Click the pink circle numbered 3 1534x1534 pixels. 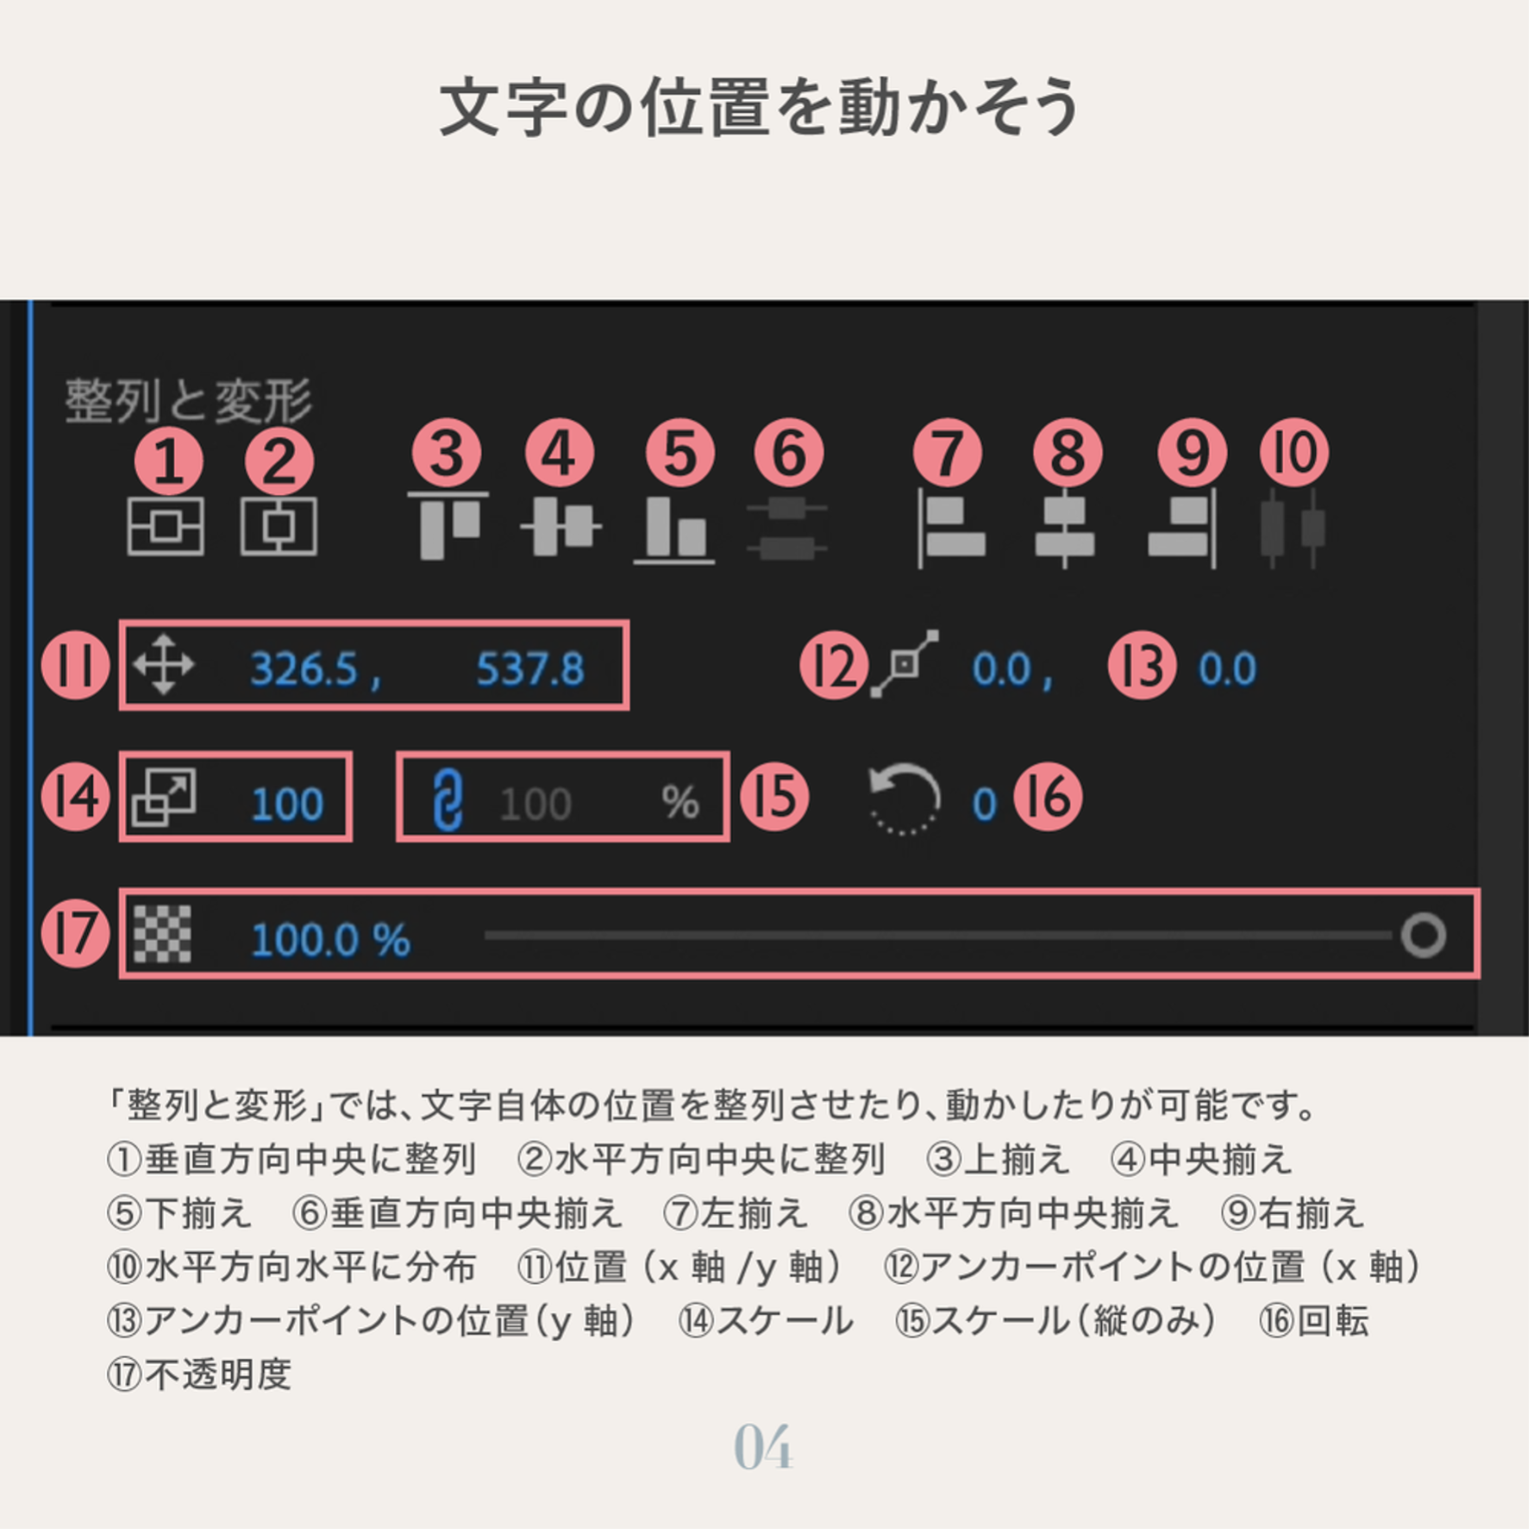(447, 454)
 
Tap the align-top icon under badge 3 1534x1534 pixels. (448, 525)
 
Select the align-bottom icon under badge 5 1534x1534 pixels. (675, 529)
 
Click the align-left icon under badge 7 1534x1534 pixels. (951, 529)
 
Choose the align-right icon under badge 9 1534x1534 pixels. (1183, 529)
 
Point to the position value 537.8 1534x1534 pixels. (531, 669)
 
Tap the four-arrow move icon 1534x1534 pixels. (164, 666)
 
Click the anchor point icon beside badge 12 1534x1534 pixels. (905, 664)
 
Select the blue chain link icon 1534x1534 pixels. (448, 801)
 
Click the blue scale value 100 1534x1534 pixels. (287, 805)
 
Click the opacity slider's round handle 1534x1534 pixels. (1424, 936)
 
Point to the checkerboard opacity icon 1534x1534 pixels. (162, 935)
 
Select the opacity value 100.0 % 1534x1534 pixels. (330, 940)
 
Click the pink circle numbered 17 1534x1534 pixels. (76, 934)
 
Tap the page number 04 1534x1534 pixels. (764, 1448)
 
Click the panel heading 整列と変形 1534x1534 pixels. (188, 401)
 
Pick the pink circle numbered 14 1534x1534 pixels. (76, 797)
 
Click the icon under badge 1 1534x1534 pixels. (166, 526)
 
